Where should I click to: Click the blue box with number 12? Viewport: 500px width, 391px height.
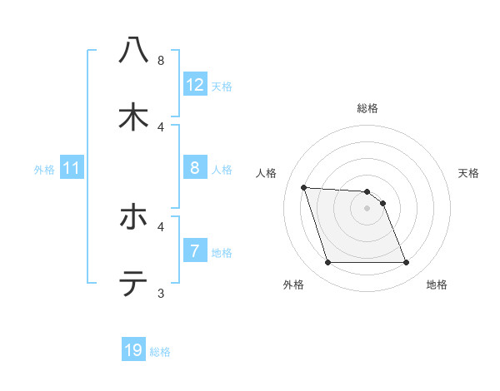point(195,85)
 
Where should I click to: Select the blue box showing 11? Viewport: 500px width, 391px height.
point(72,169)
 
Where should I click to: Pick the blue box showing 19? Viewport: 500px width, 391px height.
point(133,350)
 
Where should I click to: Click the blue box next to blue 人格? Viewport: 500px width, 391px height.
point(195,169)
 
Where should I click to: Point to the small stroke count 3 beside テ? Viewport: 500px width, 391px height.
point(161,293)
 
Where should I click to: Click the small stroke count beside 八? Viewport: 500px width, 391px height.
point(161,60)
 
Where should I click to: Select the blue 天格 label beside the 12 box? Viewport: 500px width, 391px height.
point(222,86)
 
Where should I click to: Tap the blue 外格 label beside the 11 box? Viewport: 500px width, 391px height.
point(44,170)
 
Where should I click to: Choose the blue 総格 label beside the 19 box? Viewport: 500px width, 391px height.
point(160,351)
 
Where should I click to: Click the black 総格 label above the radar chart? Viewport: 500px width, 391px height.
point(367,108)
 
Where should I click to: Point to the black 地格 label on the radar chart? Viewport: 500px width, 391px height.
point(437,285)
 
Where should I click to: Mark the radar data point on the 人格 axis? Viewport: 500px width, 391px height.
point(303,187)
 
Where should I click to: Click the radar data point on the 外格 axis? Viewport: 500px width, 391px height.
point(327,263)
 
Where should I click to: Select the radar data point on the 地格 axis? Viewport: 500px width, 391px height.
point(406,263)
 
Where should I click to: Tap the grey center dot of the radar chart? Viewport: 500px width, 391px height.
point(367,208)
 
